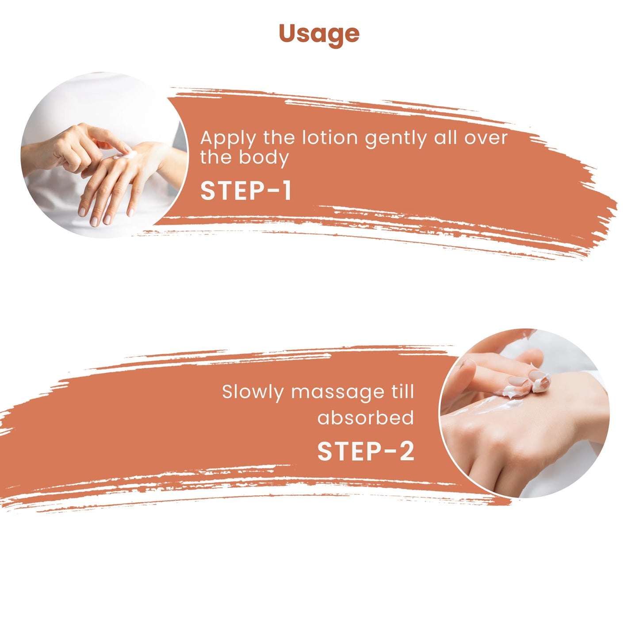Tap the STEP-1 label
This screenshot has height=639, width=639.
(x=246, y=191)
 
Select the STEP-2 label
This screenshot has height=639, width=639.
(x=366, y=451)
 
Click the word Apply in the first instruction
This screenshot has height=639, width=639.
(x=228, y=139)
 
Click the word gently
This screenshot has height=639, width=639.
(x=396, y=139)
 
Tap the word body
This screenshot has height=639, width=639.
(x=264, y=158)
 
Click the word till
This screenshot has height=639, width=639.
(x=402, y=392)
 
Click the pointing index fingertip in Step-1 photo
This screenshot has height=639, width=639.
(x=127, y=149)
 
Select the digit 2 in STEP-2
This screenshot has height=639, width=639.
(x=407, y=451)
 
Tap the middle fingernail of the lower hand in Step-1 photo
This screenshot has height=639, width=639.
(x=94, y=222)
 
